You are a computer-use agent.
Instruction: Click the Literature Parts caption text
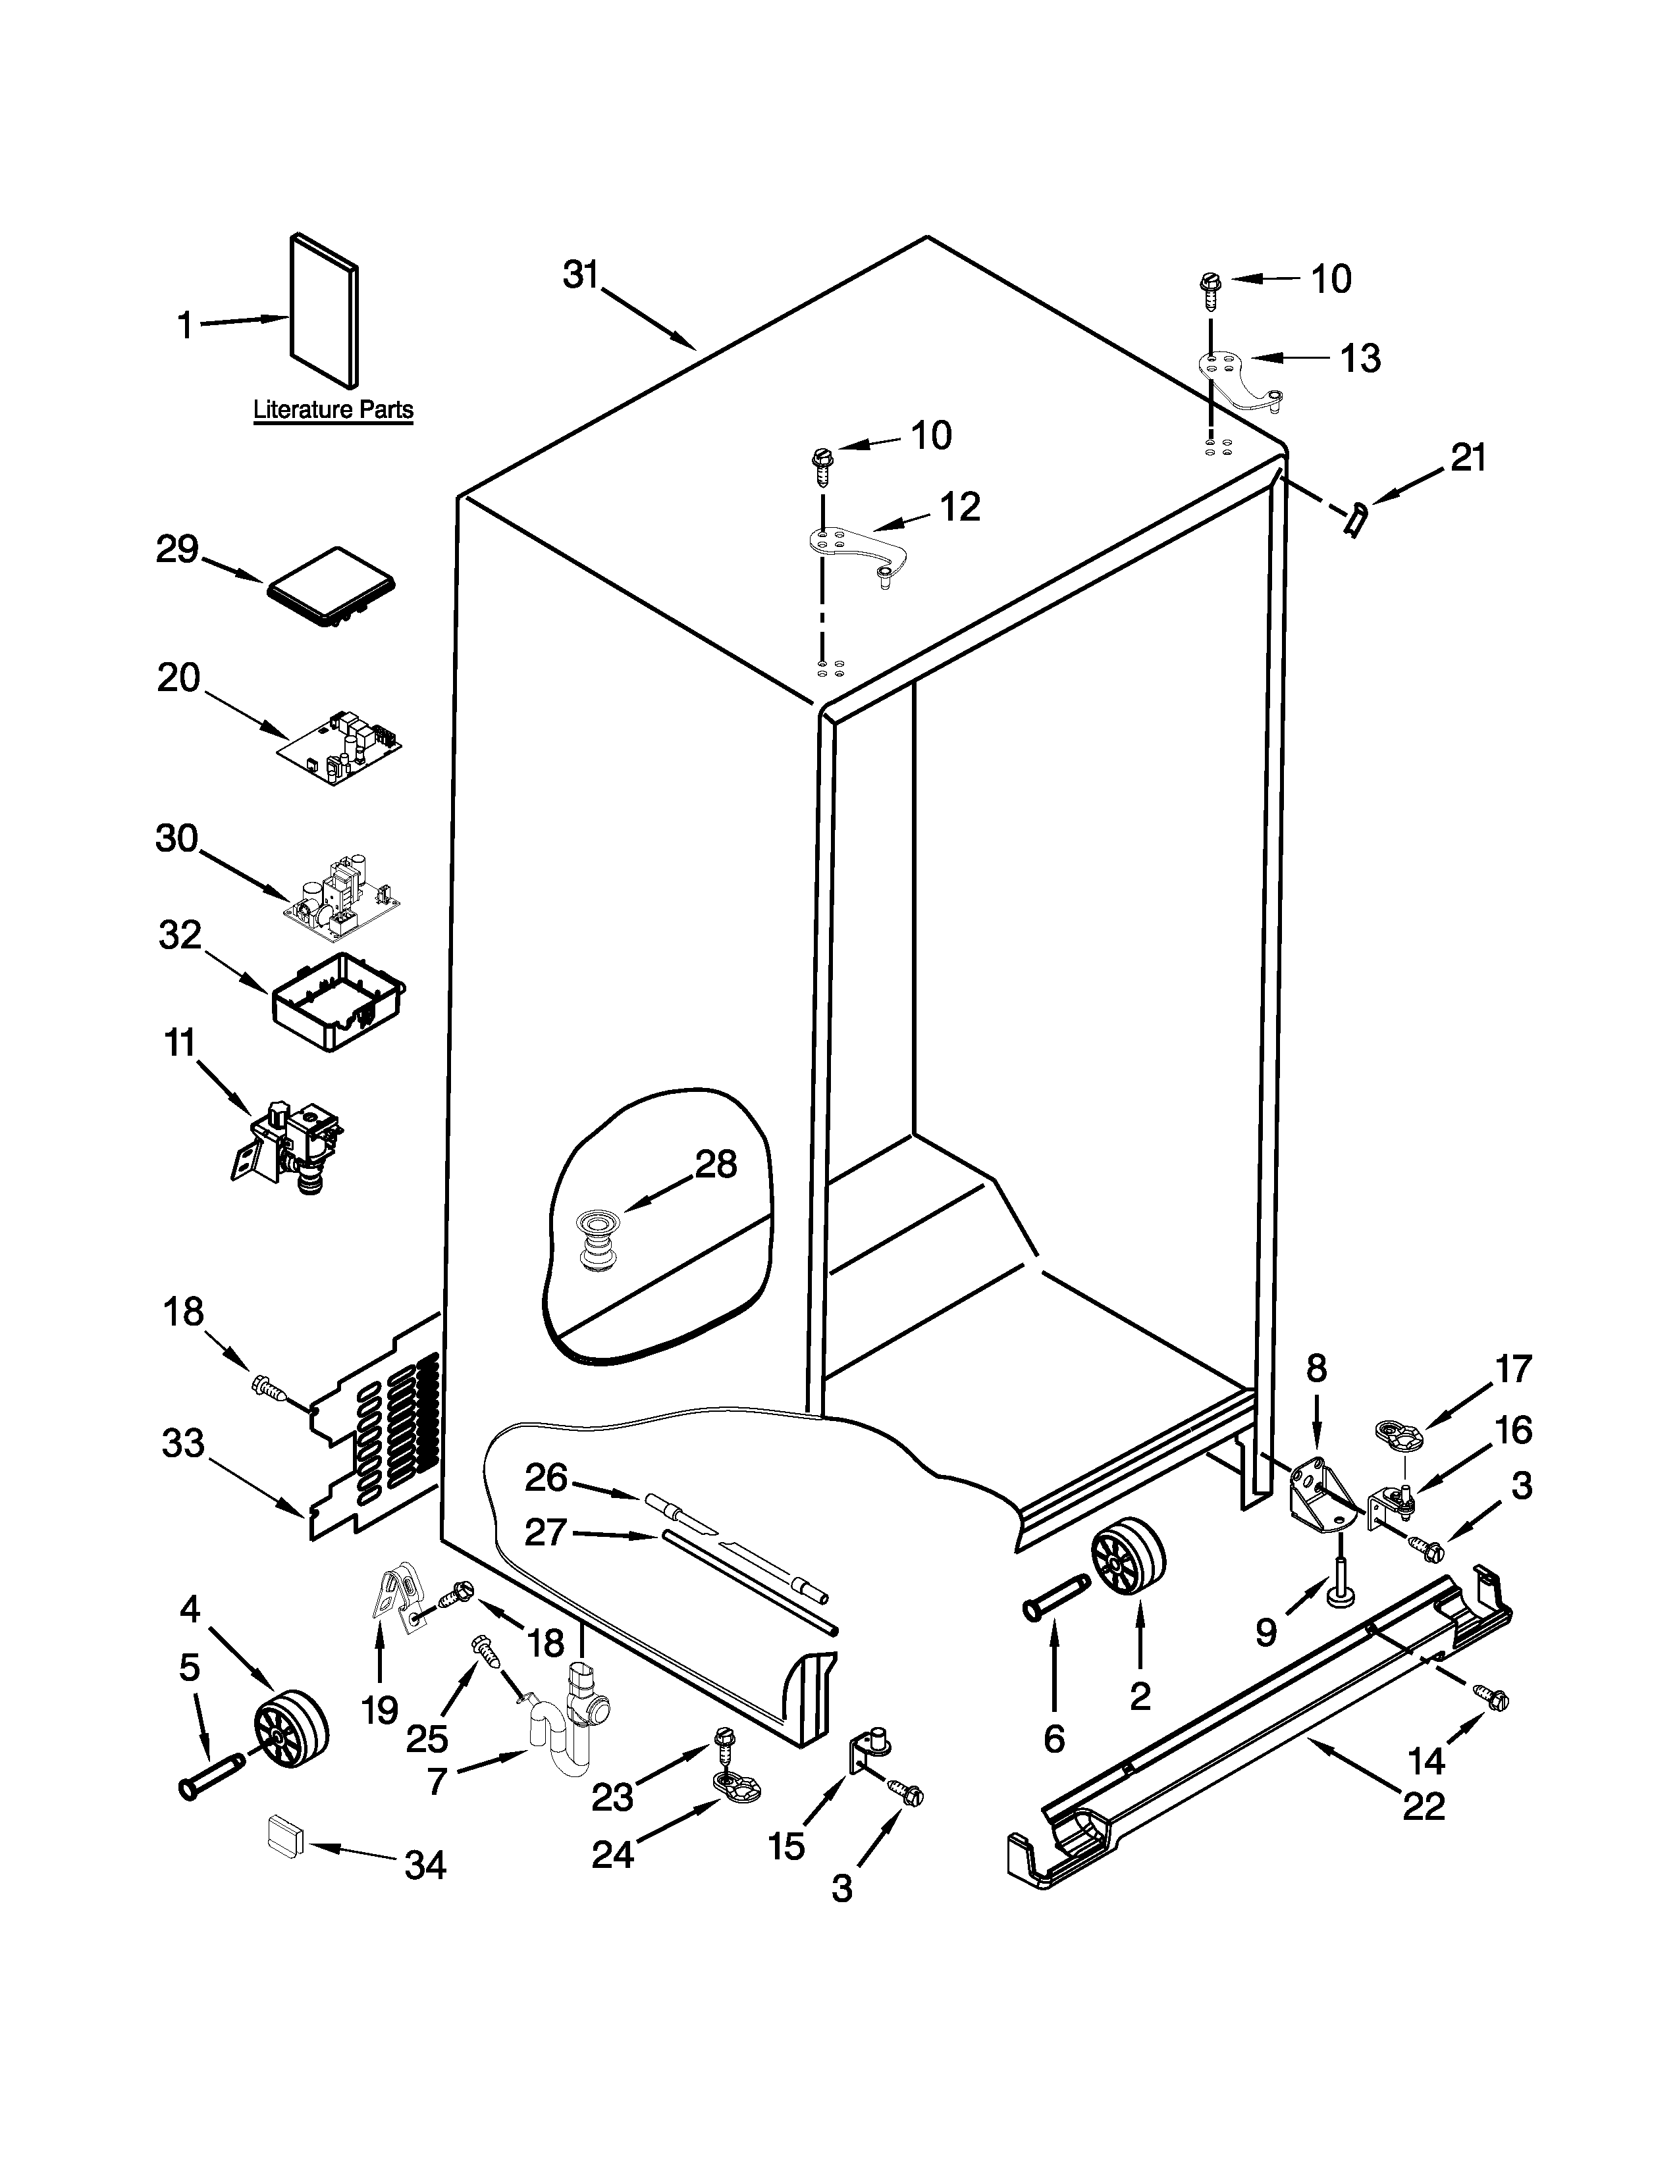click(333, 409)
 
